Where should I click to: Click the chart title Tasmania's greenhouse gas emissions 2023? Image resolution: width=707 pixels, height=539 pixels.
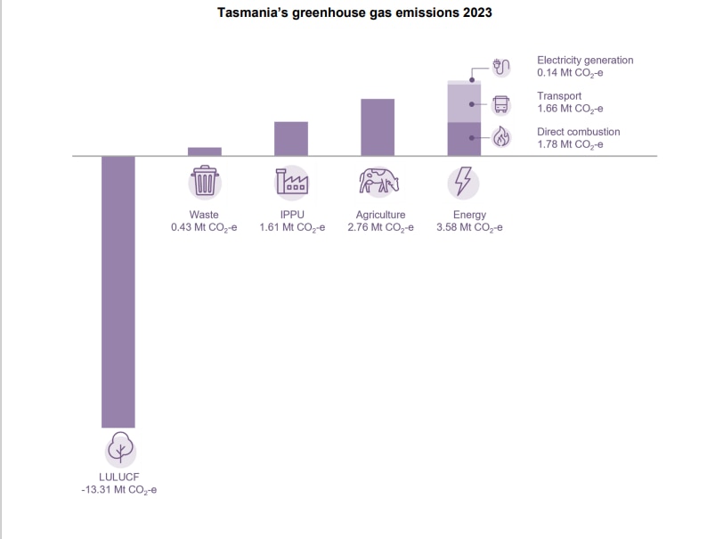tap(354, 14)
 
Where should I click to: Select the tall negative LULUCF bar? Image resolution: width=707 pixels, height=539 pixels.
tap(118, 291)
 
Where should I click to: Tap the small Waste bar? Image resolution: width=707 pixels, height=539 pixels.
tap(205, 151)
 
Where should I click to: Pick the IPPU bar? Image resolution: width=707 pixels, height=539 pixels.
tap(291, 139)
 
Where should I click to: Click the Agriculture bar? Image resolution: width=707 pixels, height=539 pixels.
tap(378, 127)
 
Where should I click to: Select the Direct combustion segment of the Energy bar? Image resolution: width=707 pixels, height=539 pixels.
tap(463, 139)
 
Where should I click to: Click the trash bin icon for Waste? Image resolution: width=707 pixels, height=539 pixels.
tap(205, 183)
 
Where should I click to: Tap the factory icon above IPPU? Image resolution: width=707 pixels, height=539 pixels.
tap(291, 183)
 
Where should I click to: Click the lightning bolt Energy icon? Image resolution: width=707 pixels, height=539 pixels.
tap(463, 183)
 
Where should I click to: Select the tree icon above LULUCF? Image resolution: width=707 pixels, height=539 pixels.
tap(118, 449)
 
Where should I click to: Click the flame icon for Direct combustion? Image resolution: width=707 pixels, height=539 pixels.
tap(501, 137)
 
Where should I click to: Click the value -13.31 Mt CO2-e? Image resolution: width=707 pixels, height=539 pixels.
tap(118, 490)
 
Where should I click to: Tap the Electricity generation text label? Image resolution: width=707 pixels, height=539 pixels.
tap(585, 60)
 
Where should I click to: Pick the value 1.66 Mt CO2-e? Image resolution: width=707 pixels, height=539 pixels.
tap(570, 109)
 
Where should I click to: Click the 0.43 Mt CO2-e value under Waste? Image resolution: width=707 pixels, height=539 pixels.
tap(204, 228)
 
